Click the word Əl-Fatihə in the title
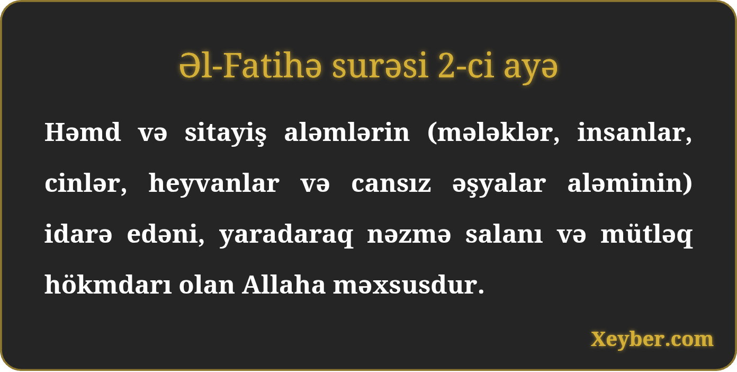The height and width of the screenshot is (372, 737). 250,66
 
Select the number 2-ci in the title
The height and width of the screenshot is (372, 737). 466,66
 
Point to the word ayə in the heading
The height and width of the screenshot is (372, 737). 531,69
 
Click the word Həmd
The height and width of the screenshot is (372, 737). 83,132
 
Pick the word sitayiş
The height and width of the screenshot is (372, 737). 226,134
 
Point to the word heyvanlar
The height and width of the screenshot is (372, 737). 214,184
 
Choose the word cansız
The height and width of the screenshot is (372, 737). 391,184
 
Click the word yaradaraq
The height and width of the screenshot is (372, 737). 286,235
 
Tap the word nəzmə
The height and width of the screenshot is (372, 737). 409,235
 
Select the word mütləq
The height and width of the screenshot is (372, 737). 646,235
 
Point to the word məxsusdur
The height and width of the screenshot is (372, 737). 409,285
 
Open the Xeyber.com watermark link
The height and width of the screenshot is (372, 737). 652,340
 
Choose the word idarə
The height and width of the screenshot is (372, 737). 78,234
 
